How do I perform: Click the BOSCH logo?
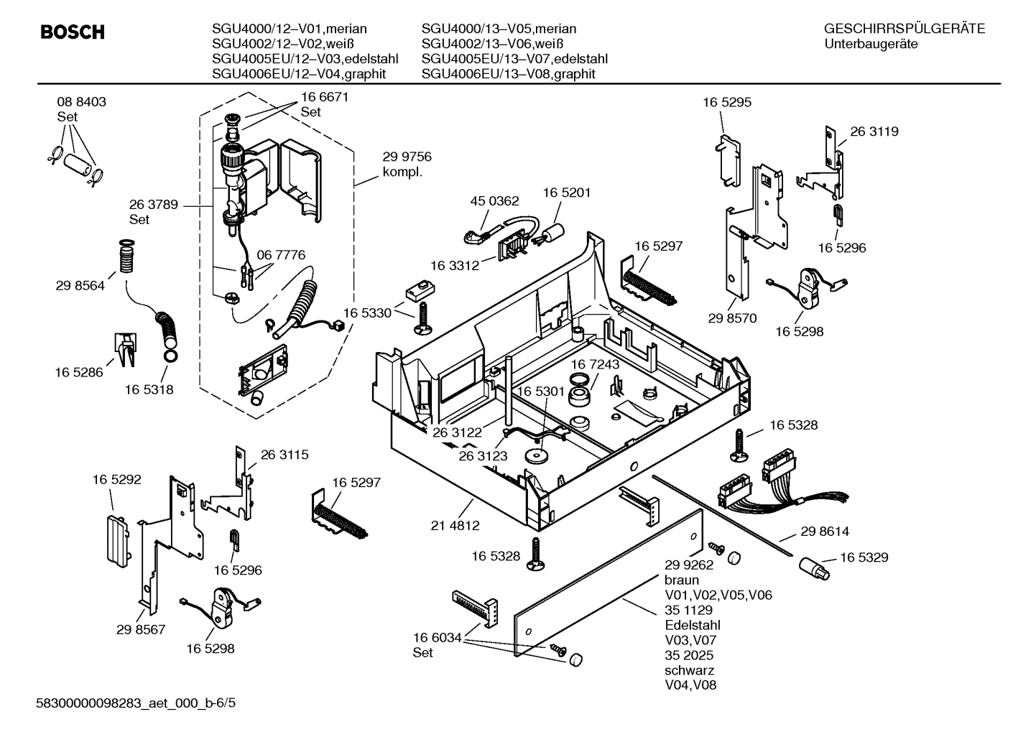(73, 32)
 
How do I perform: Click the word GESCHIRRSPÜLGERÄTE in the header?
(904, 29)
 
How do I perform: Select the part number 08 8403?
(81, 102)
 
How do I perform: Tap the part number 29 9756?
(407, 157)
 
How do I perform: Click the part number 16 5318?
(149, 389)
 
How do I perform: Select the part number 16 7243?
(595, 365)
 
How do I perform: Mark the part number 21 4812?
(455, 525)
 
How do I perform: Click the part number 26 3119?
(874, 131)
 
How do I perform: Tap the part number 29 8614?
(824, 532)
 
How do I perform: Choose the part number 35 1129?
(688, 610)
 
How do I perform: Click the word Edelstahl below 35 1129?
(692, 625)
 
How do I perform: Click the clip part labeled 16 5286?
(124, 348)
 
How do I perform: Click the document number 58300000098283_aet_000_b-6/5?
(136, 702)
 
